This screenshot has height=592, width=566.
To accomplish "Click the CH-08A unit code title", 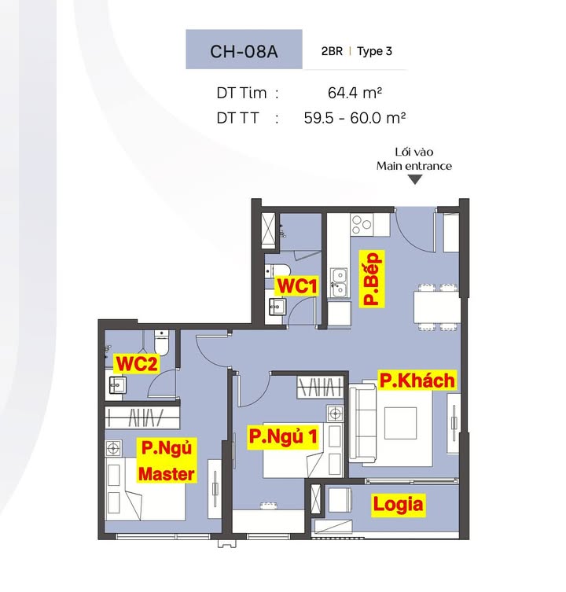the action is (x=244, y=51).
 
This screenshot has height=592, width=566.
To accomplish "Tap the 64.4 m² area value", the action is (x=355, y=93).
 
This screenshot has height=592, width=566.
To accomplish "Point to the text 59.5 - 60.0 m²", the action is (x=355, y=118).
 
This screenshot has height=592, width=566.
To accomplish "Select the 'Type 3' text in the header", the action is (x=374, y=51).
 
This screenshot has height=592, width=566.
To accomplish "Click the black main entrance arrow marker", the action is (x=414, y=180).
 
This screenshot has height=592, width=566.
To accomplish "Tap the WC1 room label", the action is (x=297, y=286).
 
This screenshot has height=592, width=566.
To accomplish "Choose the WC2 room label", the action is (x=137, y=363).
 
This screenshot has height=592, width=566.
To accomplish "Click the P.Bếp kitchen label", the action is (x=371, y=278).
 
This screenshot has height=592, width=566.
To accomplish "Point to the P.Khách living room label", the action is (x=417, y=381).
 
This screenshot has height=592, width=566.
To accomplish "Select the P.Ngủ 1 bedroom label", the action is (x=283, y=436).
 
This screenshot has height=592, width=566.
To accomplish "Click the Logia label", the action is (x=398, y=505).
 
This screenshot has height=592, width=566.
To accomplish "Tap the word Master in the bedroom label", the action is (x=167, y=474).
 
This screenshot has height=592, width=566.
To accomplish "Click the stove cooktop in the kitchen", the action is (x=362, y=225).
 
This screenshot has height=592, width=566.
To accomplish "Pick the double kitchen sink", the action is (x=339, y=283).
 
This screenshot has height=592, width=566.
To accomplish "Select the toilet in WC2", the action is (x=161, y=342).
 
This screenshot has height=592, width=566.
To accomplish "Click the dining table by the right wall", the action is (x=436, y=307).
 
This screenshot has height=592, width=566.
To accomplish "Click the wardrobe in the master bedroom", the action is (x=142, y=417).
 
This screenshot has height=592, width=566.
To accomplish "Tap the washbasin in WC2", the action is (x=116, y=385).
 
